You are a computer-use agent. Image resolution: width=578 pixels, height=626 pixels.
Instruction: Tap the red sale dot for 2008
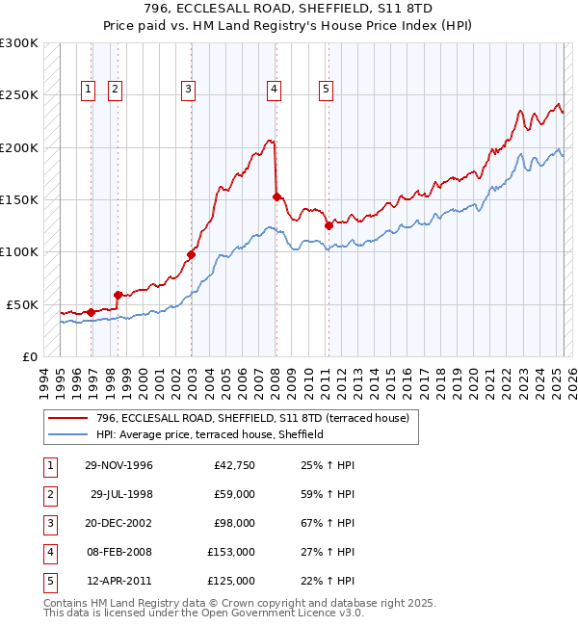click(x=277, y=196)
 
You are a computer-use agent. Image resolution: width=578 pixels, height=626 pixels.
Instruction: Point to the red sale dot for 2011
click(x=329, y=226)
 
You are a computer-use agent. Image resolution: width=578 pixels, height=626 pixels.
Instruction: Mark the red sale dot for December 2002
click(x=191, y=254)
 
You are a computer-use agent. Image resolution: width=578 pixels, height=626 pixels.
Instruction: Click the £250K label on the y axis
click(x=19, y=95)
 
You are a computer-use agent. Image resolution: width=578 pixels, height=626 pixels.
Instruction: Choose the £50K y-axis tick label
click(x=23, y=304)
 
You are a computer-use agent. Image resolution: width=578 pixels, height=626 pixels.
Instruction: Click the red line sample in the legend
click(x=68, y=418)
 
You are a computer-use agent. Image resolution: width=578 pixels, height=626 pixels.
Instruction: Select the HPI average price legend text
click(x=209, y=434)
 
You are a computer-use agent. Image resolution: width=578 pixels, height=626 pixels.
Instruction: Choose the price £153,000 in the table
click(x=231, y=552)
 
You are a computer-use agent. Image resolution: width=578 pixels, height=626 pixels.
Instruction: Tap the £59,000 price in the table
click(x=234, y=494)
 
